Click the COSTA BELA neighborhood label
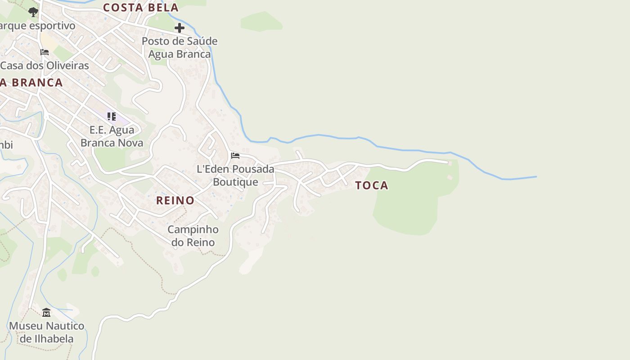(141, 8)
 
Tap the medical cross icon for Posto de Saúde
(180, 28)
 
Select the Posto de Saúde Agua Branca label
(180, 48)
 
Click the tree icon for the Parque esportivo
(33, 12)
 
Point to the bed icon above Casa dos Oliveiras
(45, 52)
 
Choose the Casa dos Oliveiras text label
(45, 65)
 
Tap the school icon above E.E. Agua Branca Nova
(112, 117)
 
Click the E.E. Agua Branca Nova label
(112, 136)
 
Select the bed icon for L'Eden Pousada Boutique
(235, 156)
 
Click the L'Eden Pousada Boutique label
(235, 175)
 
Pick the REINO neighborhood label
(175, 200)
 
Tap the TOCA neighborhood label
(372, 185)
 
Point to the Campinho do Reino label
(193, 236)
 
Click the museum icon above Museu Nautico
(46, 312)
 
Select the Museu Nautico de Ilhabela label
(47, 332)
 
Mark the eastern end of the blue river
(535, 176)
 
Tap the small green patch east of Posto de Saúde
(261, 21)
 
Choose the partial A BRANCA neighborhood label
(31, 83)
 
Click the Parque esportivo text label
(38, 26)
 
